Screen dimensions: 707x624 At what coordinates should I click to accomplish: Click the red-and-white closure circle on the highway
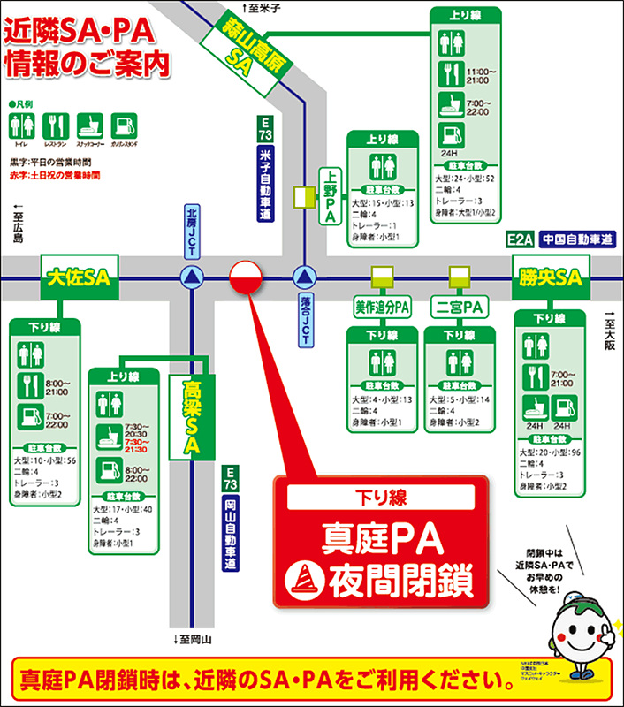coord(246,277)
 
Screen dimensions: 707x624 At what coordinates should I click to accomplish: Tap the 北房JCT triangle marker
coord(191,277)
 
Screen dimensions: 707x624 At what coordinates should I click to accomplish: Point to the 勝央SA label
coord(548,277)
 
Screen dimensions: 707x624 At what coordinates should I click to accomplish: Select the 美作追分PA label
coord(383,308)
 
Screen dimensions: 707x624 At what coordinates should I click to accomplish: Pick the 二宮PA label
coord(460,308)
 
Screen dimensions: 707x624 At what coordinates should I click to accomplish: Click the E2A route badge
coord(521,239)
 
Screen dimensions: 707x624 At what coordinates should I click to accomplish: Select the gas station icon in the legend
coord(123,125)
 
